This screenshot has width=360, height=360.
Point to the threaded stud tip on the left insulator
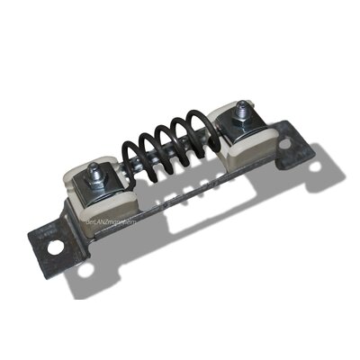click(94, 167)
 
